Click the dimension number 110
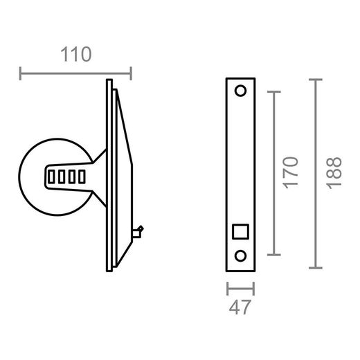point(76,55)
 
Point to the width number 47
point(241,306)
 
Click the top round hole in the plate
point(241,91)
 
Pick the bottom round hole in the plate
point(241,255)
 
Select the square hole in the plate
point(241,231)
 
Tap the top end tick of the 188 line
point(316,80)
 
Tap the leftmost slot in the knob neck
point(52,177)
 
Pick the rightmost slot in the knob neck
point(82,177)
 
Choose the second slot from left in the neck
point(62,177)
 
